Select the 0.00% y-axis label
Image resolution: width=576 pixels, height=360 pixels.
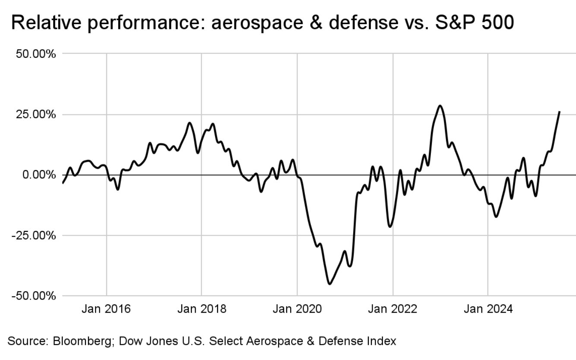pos(39,175)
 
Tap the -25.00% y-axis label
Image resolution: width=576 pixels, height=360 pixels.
pos(35,235)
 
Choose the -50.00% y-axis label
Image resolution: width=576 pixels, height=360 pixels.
pos(35,296)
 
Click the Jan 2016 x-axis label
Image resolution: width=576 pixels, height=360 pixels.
pos(106,309)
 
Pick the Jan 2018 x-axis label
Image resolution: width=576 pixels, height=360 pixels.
pos(201,309)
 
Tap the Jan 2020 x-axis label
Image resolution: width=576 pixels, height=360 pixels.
pos(297,309)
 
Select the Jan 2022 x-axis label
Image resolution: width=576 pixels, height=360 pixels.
pos(392,309)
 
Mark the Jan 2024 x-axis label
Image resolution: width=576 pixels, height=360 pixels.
pos(488,309)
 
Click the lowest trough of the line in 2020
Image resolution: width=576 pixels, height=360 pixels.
pos(329,284)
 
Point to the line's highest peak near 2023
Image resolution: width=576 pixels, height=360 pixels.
pos(440,106)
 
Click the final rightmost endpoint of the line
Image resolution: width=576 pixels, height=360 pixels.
pos(560,112)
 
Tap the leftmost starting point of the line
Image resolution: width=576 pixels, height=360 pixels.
pos(63,183)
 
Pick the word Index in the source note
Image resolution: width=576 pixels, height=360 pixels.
pos(383,341)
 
